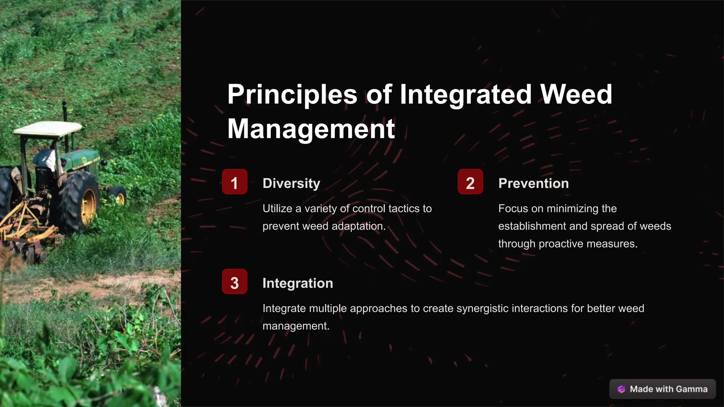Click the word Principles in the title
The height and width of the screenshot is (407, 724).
(292, 95)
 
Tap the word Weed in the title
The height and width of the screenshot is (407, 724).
(576, 95)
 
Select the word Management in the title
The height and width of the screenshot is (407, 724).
(311, 129)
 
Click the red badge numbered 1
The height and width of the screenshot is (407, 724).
(234, 182)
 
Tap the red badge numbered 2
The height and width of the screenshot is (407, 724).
(470, 182)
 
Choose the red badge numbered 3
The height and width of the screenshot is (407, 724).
(234, 282)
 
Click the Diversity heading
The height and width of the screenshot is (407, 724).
(291, 183)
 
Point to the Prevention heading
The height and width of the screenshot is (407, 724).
(533, 183)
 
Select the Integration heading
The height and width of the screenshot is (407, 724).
(298, 283)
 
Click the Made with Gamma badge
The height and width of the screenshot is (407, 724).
(662, 389)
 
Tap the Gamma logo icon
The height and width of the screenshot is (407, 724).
(621, 389)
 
